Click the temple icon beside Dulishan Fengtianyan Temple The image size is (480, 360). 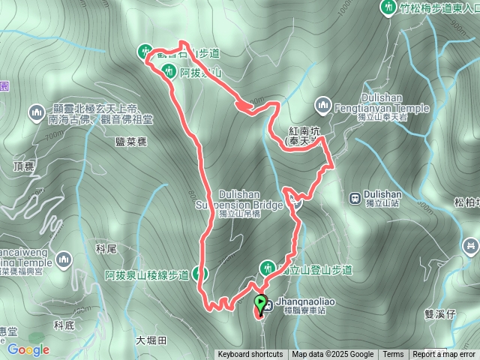323,103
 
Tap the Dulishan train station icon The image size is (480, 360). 354,198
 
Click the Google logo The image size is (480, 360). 28,349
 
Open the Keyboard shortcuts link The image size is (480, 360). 250,355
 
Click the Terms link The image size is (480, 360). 393,355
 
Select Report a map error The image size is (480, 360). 443,355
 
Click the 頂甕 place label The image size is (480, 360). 24,166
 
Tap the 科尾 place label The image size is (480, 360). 107,248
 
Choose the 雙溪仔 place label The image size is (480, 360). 440,316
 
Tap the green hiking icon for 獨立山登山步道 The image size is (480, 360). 267,268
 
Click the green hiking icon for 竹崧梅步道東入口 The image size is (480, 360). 388,8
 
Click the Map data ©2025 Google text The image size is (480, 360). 333,355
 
